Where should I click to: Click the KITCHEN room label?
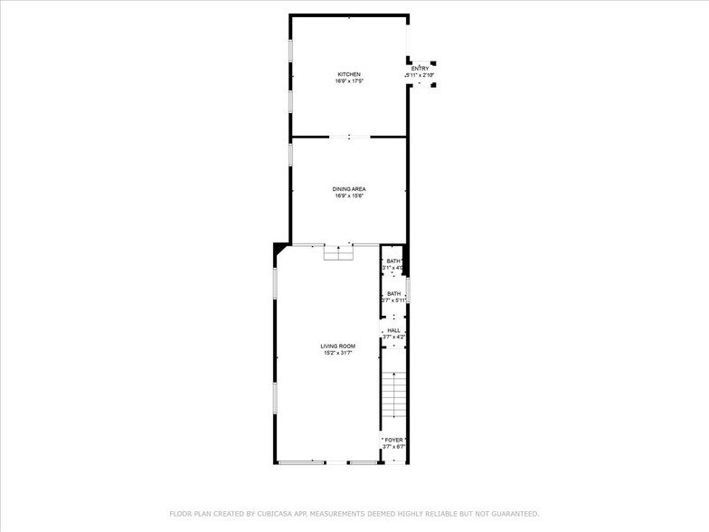349,74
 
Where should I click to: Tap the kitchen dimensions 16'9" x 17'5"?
349,81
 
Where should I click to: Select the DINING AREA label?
349,189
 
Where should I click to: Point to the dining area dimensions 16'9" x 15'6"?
349,196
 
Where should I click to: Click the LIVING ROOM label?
337,347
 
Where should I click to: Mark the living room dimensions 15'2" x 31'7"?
337,354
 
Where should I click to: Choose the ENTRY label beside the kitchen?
421,69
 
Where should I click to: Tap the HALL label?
393,330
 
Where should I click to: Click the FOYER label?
393,440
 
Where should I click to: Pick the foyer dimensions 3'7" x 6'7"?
393,447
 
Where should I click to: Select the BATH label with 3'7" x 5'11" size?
393,293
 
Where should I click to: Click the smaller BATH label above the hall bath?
393,261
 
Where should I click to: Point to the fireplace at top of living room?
339,253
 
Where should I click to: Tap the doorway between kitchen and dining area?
349,137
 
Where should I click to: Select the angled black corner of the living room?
281,251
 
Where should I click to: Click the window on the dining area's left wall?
290,154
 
